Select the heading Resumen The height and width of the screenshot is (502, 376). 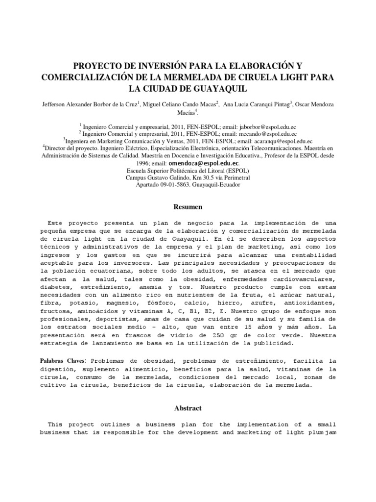point(188,207)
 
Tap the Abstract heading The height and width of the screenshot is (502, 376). point(188,408)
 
